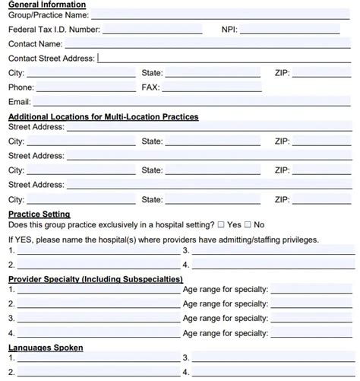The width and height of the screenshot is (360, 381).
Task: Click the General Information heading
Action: [47, 5]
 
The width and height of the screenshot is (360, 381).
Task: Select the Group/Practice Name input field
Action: [220, 14]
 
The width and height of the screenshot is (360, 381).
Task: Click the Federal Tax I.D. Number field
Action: [152, 30]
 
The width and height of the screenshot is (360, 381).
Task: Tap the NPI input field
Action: [296, 30]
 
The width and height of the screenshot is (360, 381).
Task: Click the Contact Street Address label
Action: [51, 59]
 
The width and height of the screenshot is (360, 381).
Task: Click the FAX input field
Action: [213, 87]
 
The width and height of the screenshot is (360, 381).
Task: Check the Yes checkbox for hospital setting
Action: [221, 225]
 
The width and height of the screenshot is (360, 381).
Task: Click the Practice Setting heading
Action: [39, 214]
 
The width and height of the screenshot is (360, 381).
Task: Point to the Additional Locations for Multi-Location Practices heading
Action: [103, 117]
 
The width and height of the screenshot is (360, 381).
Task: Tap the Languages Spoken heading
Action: [46, 348]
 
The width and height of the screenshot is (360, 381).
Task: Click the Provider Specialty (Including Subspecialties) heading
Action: [95, 279]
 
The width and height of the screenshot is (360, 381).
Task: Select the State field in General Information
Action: [213, 73]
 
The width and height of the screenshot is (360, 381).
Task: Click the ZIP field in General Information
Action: [322, 73]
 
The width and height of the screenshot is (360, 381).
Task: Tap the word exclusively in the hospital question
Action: [109, 225]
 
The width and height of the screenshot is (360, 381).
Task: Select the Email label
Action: [19, 102]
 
